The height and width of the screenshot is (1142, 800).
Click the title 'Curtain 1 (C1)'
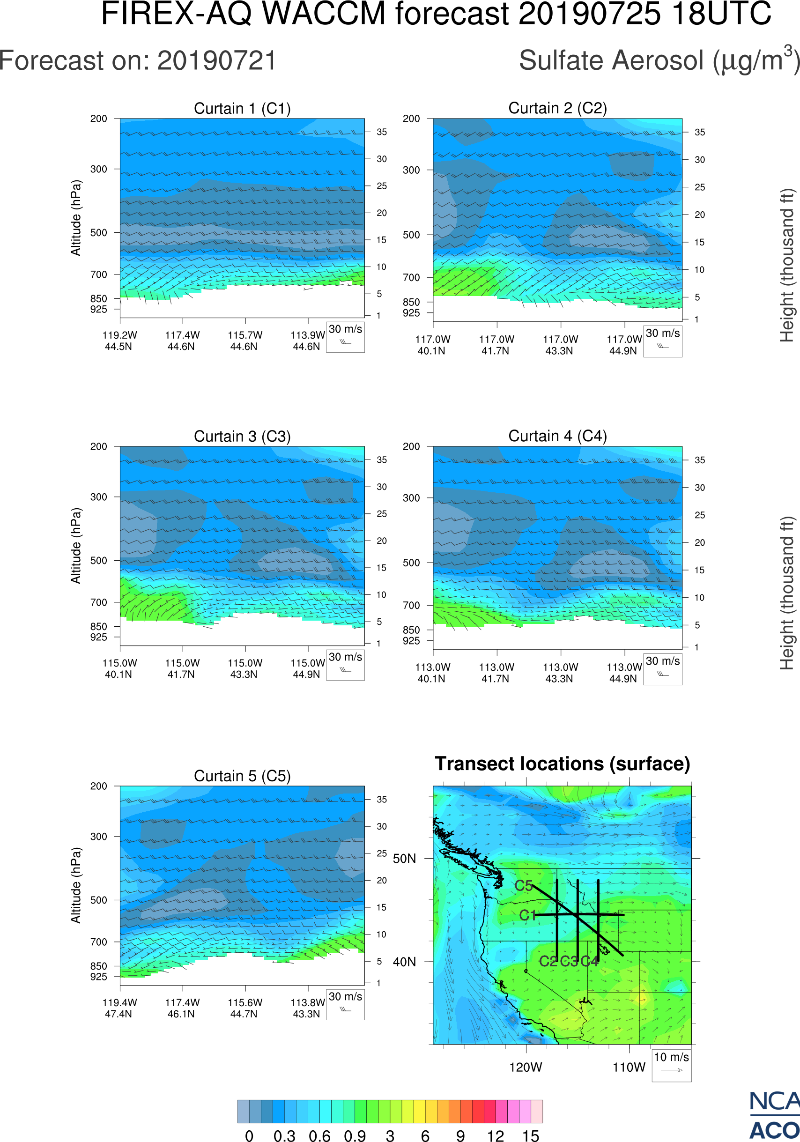[x=242, y=108]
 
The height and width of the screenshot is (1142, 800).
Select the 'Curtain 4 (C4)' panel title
[x=557, y=436]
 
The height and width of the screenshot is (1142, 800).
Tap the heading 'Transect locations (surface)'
[x=563, y=764]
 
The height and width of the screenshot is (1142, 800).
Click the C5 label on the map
[x=524, y=886]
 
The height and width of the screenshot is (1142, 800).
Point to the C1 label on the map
[x=527, y=915]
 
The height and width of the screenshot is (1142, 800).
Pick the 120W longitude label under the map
[x=526, y=1068]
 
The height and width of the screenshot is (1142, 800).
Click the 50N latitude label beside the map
[x=404, y=859]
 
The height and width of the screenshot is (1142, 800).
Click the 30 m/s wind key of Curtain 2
[x=662, y=341]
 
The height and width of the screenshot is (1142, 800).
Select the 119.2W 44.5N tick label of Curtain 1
[x=119, y=341]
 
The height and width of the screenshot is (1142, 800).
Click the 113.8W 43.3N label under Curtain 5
[x=307, y=1008]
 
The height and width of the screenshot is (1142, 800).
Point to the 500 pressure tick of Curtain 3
[x=98, y=561]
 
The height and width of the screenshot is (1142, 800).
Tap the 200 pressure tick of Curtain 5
[x=98, y=786]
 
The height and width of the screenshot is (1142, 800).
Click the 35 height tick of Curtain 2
[x=700, y=132]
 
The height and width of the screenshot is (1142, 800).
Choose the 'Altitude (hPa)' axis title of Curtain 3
[x=75, y=546]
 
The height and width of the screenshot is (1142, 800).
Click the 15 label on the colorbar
[x=531, y=1135]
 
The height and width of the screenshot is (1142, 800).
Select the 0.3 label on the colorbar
[x=284, y=1135]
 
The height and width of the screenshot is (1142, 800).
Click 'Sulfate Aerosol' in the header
[x=612, y=61]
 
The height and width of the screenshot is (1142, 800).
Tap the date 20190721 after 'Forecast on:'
[x=216, y=61]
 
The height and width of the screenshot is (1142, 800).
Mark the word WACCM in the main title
[x=324, y=14]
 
